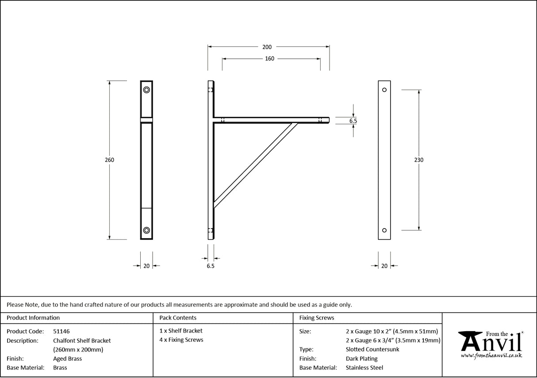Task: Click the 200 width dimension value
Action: tap(267, 47)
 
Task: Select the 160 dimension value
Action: tap(269, 59)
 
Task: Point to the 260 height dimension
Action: tap(110, 160)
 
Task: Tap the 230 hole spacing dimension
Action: tap(418, 160)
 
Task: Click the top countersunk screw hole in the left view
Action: tap(146, 90)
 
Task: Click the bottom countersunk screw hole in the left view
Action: tap(146, 230)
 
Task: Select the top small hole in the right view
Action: tap(384, 90)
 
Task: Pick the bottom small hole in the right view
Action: tap(384, 230)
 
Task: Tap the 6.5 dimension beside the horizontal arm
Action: tap(353, 121)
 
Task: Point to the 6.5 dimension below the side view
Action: tap(211, 266)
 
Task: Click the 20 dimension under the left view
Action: tap(146, 266)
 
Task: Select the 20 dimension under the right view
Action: tap(384, 266)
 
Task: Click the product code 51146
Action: tap(61, 331)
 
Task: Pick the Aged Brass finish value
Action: tap(67, 359)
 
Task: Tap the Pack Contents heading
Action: tap(178, 317)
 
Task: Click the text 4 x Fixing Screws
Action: tap(181, 340)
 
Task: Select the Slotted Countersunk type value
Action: tap(372, 349)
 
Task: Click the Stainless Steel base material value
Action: tap(364, 368)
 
